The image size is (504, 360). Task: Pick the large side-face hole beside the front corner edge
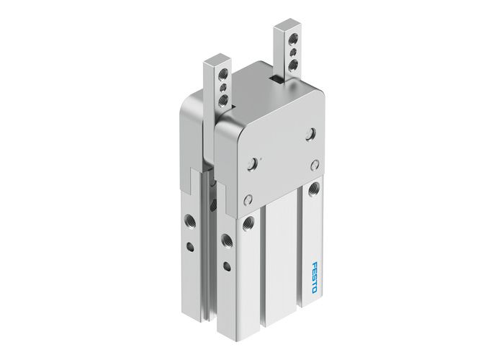click(x=226, y=239)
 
